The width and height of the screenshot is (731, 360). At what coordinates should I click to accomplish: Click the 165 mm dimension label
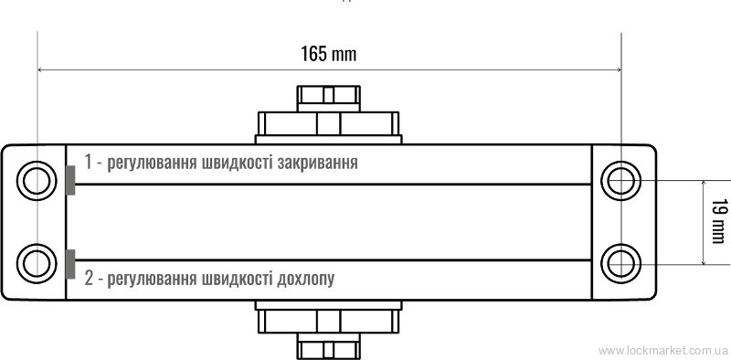pyautogui.click(x=328, y=54)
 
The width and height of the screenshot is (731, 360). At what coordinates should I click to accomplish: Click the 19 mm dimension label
pyautogui.click(x=718, y=221)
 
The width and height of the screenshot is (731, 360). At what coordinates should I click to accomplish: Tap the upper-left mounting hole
pyautogui.click(x=37, y=181)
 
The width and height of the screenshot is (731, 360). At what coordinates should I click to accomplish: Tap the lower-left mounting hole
pyautogui.click(x=37, y=263)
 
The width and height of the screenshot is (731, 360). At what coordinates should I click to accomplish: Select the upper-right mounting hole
pyautogui.click(x=621, y=181)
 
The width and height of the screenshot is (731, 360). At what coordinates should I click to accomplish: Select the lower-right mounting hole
pyautogui.click(x=621, y=263)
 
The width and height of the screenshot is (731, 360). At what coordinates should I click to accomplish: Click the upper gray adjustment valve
pyautogui.click(x=70, y=180)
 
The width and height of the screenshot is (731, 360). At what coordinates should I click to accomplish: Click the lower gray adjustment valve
pyautogui.click(x=70, y=264)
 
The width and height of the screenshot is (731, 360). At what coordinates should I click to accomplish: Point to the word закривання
pyautogui.click(x=318, y=164)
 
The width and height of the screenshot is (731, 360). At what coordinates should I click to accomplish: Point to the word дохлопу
pyautogui.click(x=306, y=279)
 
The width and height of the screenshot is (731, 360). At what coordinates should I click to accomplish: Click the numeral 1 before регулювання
pyautogui.click(x=89, y=162)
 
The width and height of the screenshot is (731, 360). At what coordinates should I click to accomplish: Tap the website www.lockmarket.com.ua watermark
pyautogui.click(x=662, y=350)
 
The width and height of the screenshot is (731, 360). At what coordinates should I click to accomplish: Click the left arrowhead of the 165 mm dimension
pyautogui.click(x=39, y=70)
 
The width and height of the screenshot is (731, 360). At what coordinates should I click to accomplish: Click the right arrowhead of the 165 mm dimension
pyautogui.click(x=619, y=70)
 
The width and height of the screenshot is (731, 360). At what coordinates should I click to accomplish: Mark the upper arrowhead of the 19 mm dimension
pyautogui.click(x=703, y=184)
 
